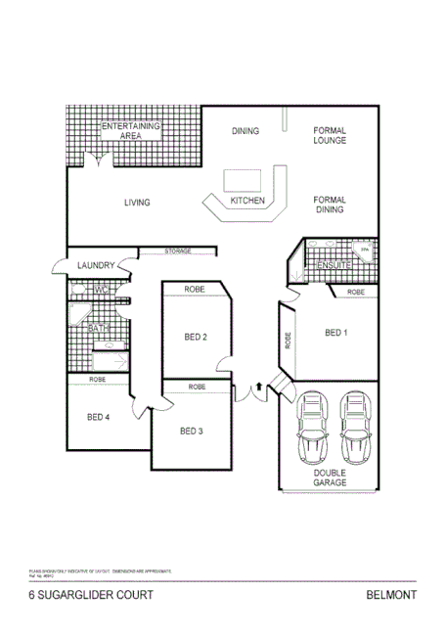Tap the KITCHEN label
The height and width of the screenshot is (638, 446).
(247, 202)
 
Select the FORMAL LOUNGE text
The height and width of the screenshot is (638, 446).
(331, 135)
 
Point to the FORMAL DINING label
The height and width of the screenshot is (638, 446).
(331, 205)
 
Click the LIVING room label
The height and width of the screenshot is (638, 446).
(137, 204)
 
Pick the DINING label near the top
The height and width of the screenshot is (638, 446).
(245, 130)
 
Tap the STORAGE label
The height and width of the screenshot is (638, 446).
(177, 251)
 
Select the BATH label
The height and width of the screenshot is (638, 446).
(99, 329)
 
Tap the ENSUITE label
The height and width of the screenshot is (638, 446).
(333, 264)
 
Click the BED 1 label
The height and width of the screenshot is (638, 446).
(335, 333)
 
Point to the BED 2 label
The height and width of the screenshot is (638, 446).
(196, 338)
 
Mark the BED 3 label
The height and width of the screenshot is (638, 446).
(191, 431)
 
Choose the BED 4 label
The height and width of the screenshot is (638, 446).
(98, 417)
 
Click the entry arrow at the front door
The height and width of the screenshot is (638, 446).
(258, 388)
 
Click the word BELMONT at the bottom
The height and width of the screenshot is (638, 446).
(391, 594)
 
